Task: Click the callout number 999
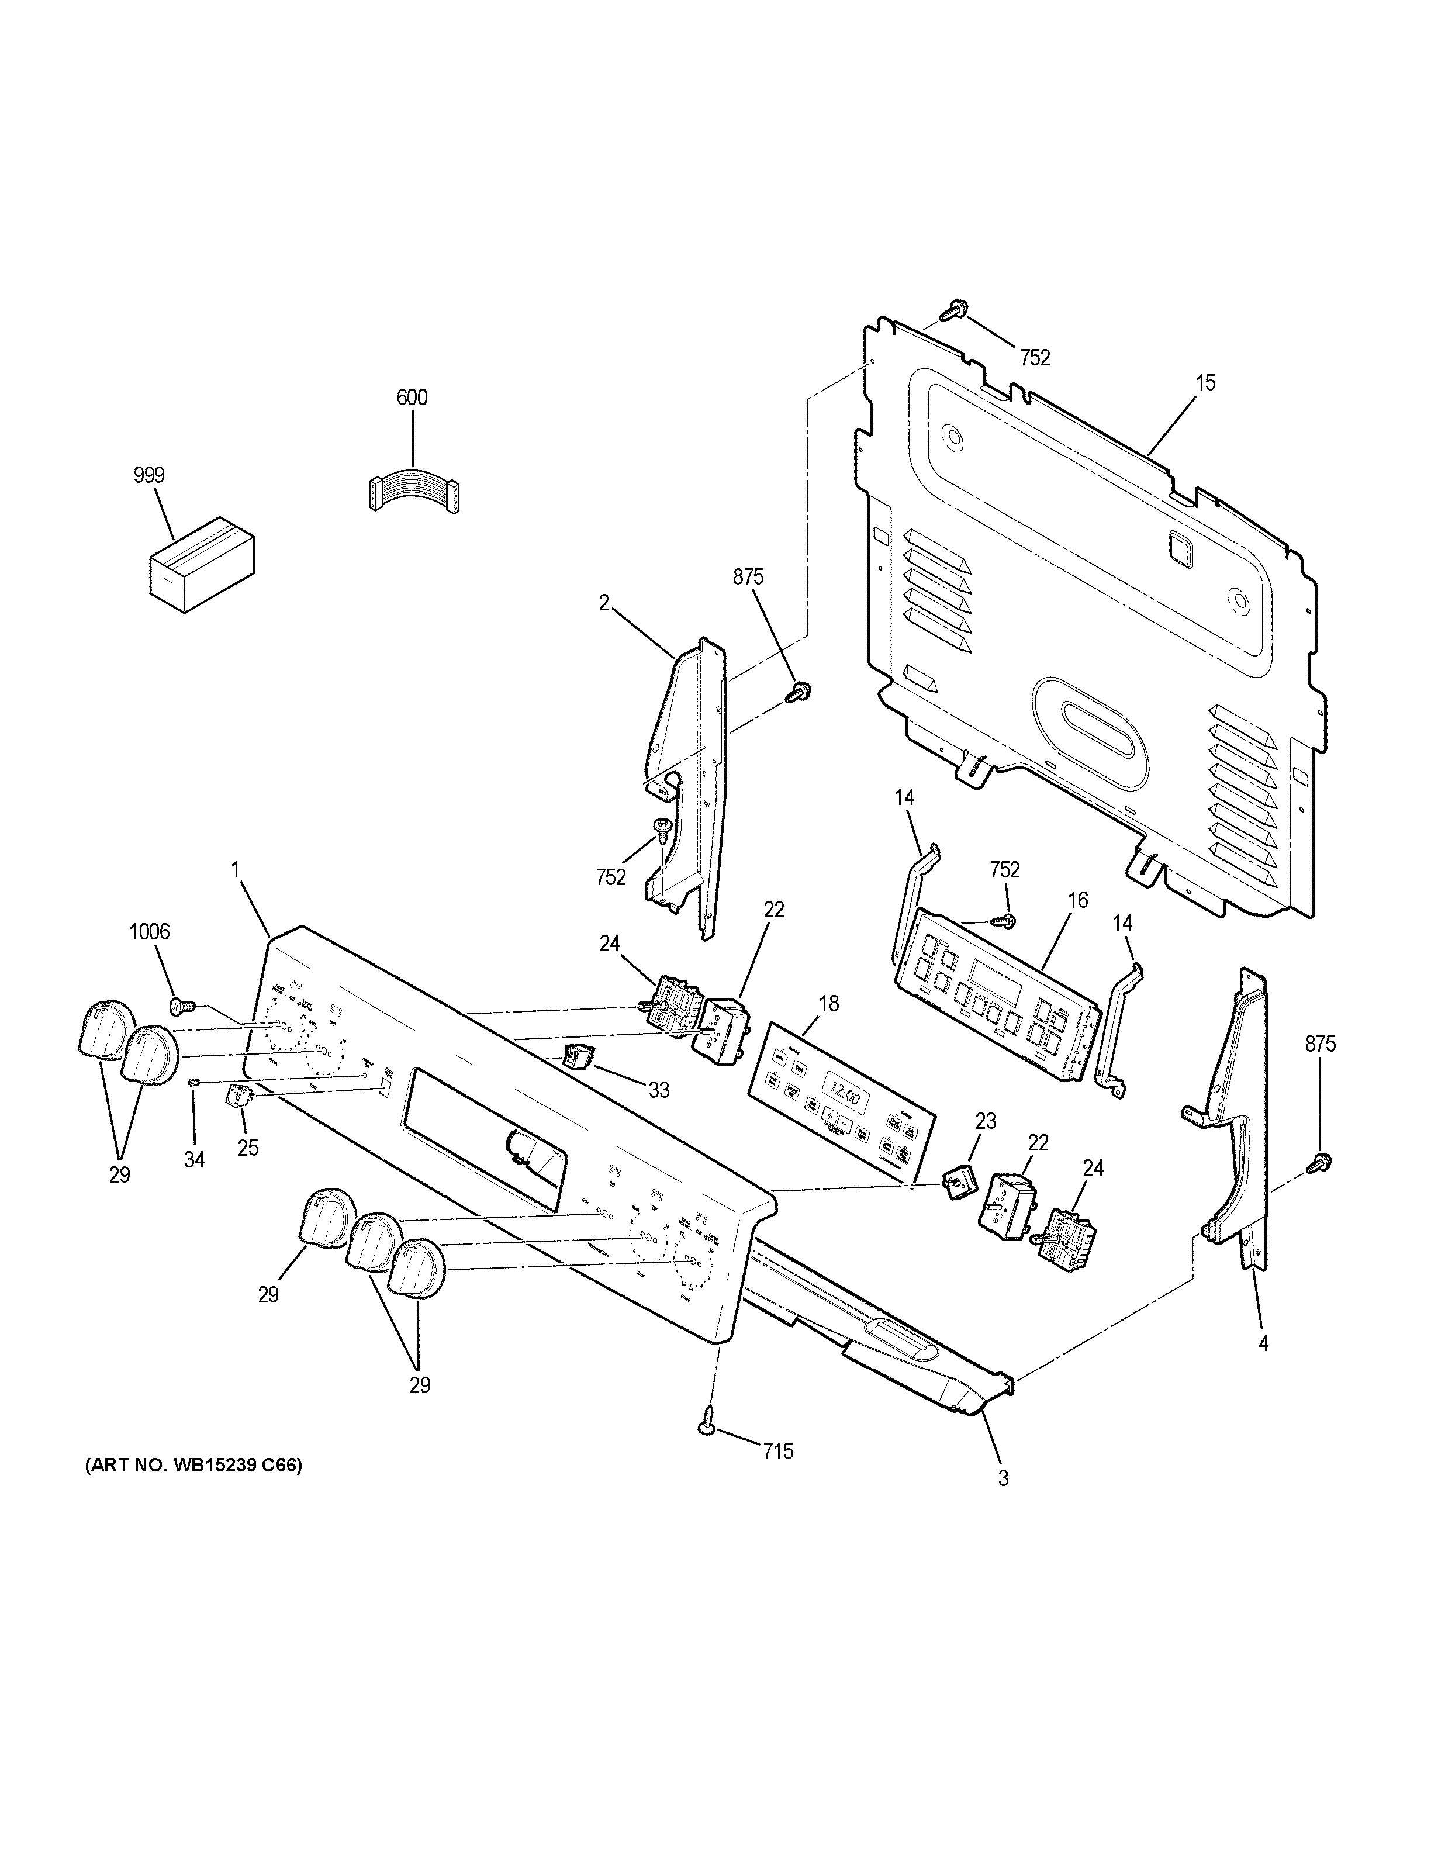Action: [x=148, y=476]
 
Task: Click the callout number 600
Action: [x=412, y=398]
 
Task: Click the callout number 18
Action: [x=828, y=1004]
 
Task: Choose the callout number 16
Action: [x=1077, y=900]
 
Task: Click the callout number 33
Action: [x=659, y=1090]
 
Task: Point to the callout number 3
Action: [x=1003, y=1478]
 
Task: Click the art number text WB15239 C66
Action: [x=193, y=1466]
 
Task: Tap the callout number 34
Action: [x=194, y=1159]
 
